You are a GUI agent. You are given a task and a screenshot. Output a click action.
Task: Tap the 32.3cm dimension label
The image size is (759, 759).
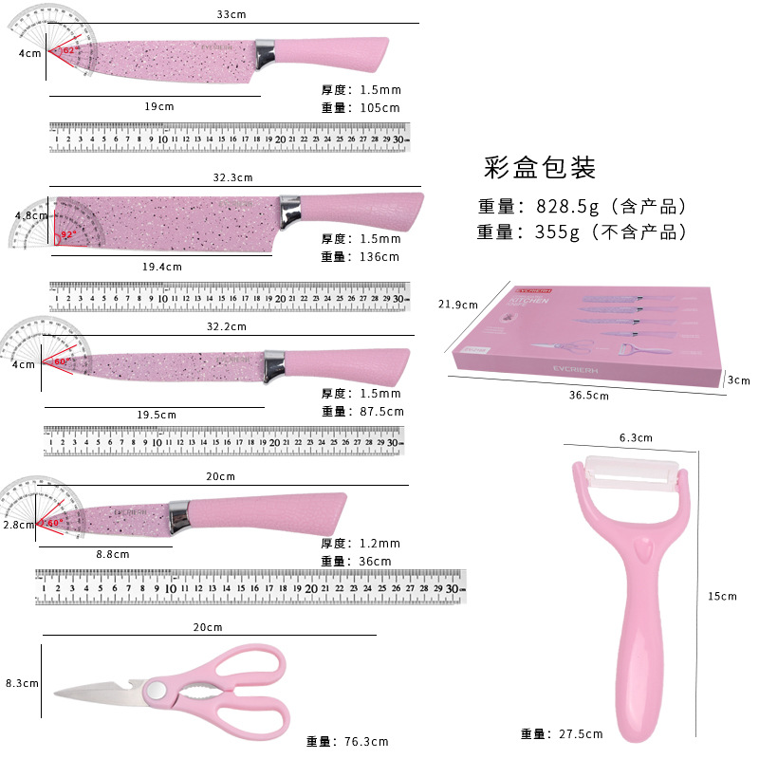(x=232, y=177)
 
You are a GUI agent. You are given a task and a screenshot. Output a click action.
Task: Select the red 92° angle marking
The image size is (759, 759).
(x=67, y=234)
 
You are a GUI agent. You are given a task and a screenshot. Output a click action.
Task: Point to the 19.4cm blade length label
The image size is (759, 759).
(x=161, y=268)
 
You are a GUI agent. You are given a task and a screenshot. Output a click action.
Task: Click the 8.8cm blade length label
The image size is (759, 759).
(x=113, y=554)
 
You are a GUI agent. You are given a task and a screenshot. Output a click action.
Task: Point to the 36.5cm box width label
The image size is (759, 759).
(x=588, y=395)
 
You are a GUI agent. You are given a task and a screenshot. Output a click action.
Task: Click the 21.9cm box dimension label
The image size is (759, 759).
(x=457, y=305)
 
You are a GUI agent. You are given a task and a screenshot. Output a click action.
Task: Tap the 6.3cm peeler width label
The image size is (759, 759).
(x=636, y=437)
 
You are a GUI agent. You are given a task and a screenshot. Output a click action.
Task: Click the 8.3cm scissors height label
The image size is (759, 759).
(x=21, y=682)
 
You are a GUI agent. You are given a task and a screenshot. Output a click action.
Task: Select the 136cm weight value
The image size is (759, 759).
(x=374, y=257)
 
